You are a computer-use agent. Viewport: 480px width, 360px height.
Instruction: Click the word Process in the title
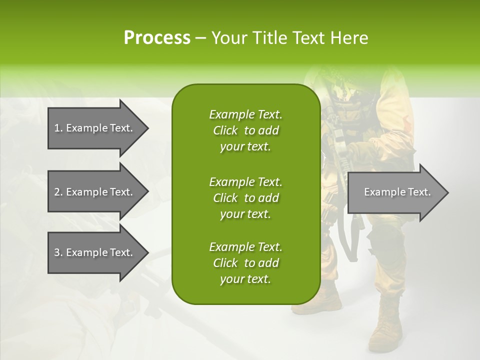(157, 38)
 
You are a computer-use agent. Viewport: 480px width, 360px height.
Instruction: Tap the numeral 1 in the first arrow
(56, 128)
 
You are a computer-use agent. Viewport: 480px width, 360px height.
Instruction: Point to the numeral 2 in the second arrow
(56, 192)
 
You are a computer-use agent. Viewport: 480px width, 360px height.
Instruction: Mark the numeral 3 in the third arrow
(56, 252)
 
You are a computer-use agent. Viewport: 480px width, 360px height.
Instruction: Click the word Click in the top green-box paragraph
(225, 131)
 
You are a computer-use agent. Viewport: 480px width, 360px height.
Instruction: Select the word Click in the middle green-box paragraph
(225, 198)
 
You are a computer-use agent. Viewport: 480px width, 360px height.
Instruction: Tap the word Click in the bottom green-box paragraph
(225, 263)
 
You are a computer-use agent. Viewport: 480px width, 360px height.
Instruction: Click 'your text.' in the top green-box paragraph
(245, 147)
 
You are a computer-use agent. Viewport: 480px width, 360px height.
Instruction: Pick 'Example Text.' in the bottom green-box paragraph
(245, 247)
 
